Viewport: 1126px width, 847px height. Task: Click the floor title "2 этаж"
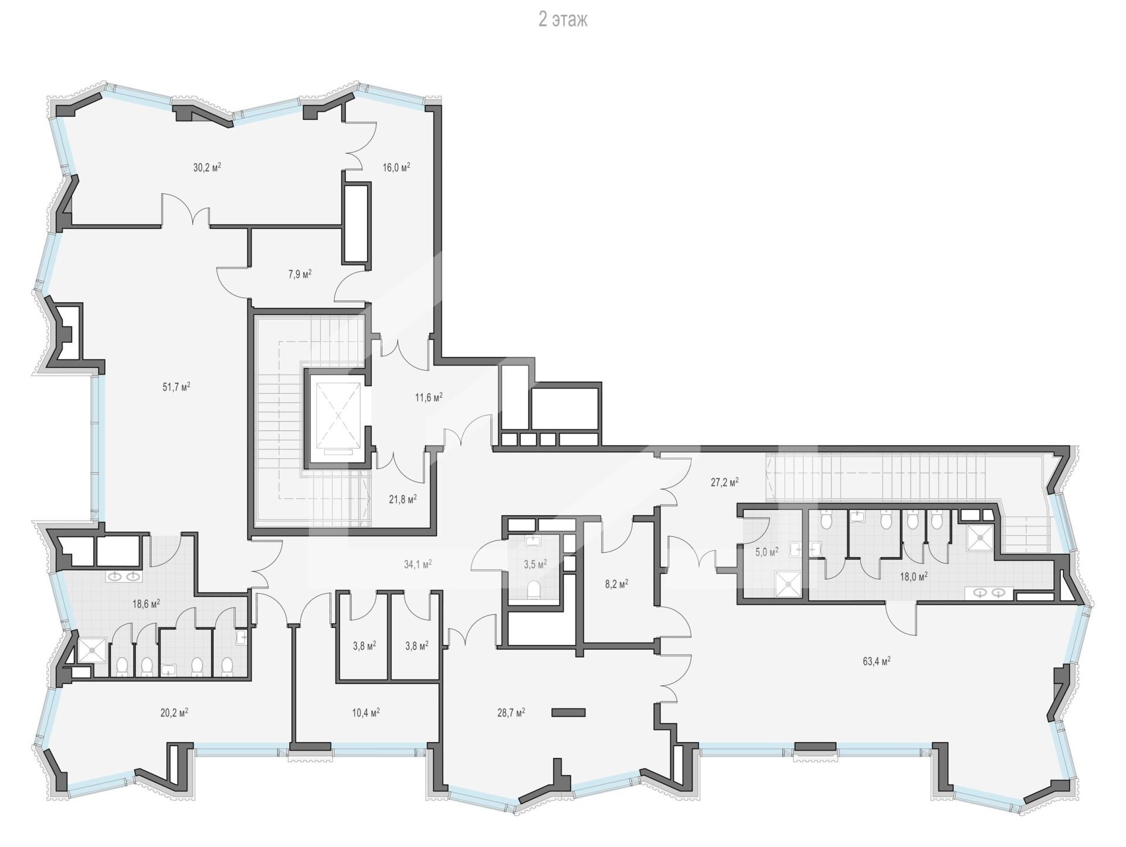563,20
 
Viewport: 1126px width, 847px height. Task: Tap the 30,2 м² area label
207,167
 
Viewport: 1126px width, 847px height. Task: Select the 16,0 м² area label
396,167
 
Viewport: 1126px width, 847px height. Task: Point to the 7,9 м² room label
300,274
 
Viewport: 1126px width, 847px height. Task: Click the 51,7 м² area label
177,387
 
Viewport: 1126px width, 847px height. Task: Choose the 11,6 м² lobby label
429,397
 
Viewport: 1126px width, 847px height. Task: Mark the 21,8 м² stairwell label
403,499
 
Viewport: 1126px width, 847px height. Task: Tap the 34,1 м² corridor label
418,564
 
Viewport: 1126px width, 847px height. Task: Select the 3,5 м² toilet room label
535,564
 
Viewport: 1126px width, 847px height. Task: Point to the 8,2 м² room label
616,584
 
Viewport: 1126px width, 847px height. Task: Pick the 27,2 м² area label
724,482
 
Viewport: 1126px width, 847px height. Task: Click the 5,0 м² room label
767,552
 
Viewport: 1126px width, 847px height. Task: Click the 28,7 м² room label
511,713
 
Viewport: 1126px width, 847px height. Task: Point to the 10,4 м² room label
365,713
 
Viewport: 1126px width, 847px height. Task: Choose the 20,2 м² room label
174,713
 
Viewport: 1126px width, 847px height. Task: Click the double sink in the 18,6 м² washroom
124,577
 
